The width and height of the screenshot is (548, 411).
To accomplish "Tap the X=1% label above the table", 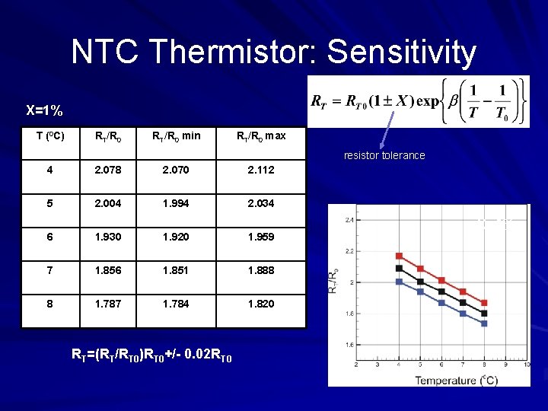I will pyautogui.click(x=44, y=110).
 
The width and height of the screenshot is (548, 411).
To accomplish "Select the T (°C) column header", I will pyautogui.click(x=50, y=136).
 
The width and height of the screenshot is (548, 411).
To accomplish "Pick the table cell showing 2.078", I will pyautogui.click(x=107, y=170).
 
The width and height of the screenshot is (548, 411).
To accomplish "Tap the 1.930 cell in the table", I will pyautogui.click(x=107, y=237).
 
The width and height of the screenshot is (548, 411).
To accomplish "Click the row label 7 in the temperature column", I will pyautogui.click(x=49, y=270).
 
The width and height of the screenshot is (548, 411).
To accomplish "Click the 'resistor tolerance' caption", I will pyautogui.click(x=384, y=155).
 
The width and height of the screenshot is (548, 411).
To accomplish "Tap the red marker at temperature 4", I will pyautogui.click(x=399, y=256).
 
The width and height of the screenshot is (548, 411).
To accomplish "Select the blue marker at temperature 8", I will pyautogui.click(x=484, y=323).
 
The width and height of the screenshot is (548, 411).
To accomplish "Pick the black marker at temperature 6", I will pyautogui.click(x=441, y=292).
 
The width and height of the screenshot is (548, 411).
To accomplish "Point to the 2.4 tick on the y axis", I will pyautogui.click(x=348, y=221).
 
